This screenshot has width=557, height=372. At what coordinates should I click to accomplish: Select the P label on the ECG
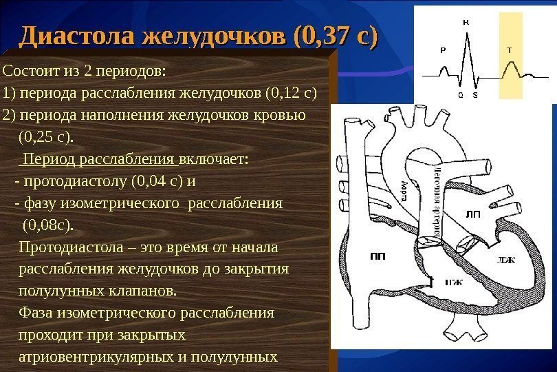pos(442,50)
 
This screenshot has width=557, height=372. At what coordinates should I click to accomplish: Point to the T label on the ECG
pos(509,50)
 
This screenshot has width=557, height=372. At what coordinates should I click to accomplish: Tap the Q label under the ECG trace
pos(460,95)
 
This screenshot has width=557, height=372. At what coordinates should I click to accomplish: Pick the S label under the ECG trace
pos(474,95)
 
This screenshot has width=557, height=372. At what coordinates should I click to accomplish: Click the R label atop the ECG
pos(466,21)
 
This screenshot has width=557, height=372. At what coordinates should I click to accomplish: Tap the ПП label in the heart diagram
pos(378,256)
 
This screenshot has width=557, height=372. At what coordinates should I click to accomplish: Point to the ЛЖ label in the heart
pos(505,260)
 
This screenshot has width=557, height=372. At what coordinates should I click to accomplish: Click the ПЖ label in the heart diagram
pos(452,282)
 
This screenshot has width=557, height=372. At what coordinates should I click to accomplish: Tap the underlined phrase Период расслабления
pos(100,160)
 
